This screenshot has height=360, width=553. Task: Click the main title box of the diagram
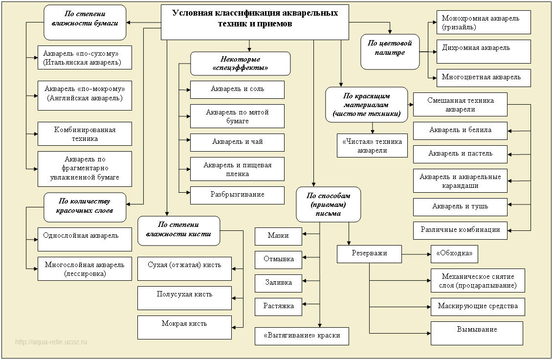click(x=255, y=22)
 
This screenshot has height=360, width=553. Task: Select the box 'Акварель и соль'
click(x=237, y=90)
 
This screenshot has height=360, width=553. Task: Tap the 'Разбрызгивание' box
click(x=237, y=195)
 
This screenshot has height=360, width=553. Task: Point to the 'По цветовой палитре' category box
click(x=390, y=52)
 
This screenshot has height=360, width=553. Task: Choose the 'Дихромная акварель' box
click(x=484, y=51)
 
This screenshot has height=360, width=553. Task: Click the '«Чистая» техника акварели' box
click(x=372, y=145)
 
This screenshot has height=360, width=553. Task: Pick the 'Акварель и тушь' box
click(x=460, y=207)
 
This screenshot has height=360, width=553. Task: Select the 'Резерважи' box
click(x=369, y=254)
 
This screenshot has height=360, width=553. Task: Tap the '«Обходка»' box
click(x=454, y=254)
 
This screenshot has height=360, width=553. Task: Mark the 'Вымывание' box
click(x=477, y=333)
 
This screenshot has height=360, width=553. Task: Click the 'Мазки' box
click(x=278, y=236)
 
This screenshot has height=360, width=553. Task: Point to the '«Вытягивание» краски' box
click(x=302, y=337)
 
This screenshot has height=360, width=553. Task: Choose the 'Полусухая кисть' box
click(x=184, y=298)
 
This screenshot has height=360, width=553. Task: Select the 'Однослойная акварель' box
click(x=85, y=239)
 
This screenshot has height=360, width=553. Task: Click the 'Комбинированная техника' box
click(x=85, y=134)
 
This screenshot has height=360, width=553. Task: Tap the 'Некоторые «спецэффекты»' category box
click(x=241, y=64)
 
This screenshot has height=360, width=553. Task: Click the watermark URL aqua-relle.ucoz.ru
click(x=51, y=342)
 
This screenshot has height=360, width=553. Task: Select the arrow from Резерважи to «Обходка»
click(x=416, y=254)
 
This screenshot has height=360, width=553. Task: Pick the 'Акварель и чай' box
click(x=237, y=143)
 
